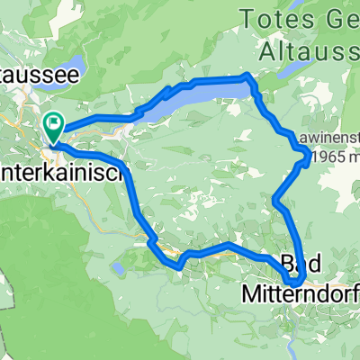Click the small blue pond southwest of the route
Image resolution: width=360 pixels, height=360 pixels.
(118, 268)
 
